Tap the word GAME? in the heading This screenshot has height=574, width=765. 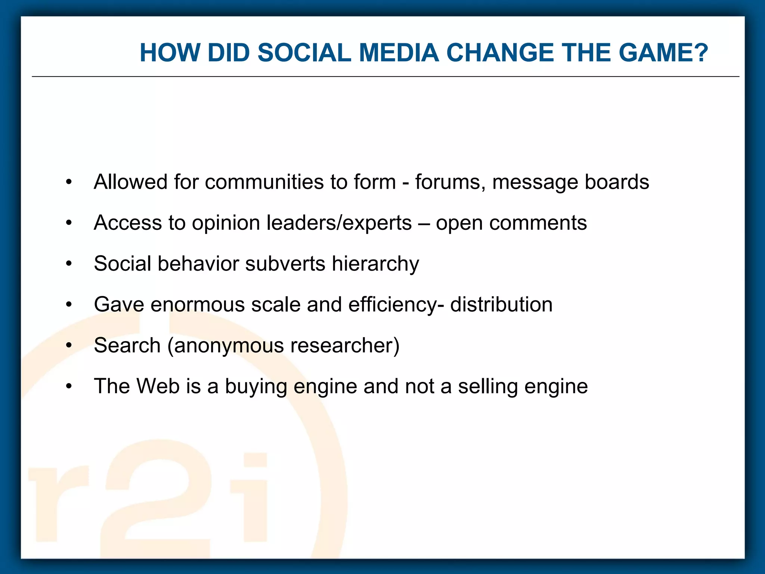(x=663, y=53)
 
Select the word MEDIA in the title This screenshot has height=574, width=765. (x=399, y=53)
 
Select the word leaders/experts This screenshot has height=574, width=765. (x=339, y=223)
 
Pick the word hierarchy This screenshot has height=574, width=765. (x=375, y=264)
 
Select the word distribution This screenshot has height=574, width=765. (x=501, y=305)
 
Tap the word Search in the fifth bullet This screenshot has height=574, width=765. (x=127, y=345)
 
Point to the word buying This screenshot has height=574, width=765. (x=256, y=387)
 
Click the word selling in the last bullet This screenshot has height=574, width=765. (x=488, y=387)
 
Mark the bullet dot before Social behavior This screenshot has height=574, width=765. (x=69, y=264)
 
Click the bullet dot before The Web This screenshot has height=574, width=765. (x=69, y=386)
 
